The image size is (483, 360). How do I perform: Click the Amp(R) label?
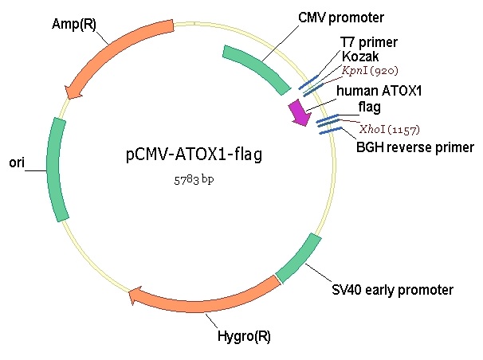(x=74, y=24)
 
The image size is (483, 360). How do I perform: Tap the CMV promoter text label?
(x=341, y=18)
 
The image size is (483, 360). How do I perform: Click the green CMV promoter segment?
(x=257, y=68)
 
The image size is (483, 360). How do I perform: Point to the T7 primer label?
(x=369, y=42)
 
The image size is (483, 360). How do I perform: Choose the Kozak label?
(x=360, y=57)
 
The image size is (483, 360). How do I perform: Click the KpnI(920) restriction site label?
(x=370, y=71)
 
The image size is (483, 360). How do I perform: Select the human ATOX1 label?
(x=379, y=91)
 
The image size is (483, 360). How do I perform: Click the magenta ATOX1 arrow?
(x=300, y=112)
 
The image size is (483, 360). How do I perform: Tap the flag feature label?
(x=369, y=108)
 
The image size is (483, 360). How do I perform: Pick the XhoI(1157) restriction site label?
(x=390, y=129)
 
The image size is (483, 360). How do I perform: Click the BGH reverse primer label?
(x=415, y=147)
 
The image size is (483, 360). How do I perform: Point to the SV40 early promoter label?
(x=392, y=290)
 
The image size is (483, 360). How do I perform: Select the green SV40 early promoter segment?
(x=298, y=258)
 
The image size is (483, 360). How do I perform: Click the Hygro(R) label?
(x=244, y=336)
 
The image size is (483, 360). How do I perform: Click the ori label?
(x=17, y=162)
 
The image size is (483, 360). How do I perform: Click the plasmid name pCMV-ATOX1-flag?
(x=194, y=155)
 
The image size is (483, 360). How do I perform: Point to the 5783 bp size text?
(x=194, y=180)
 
